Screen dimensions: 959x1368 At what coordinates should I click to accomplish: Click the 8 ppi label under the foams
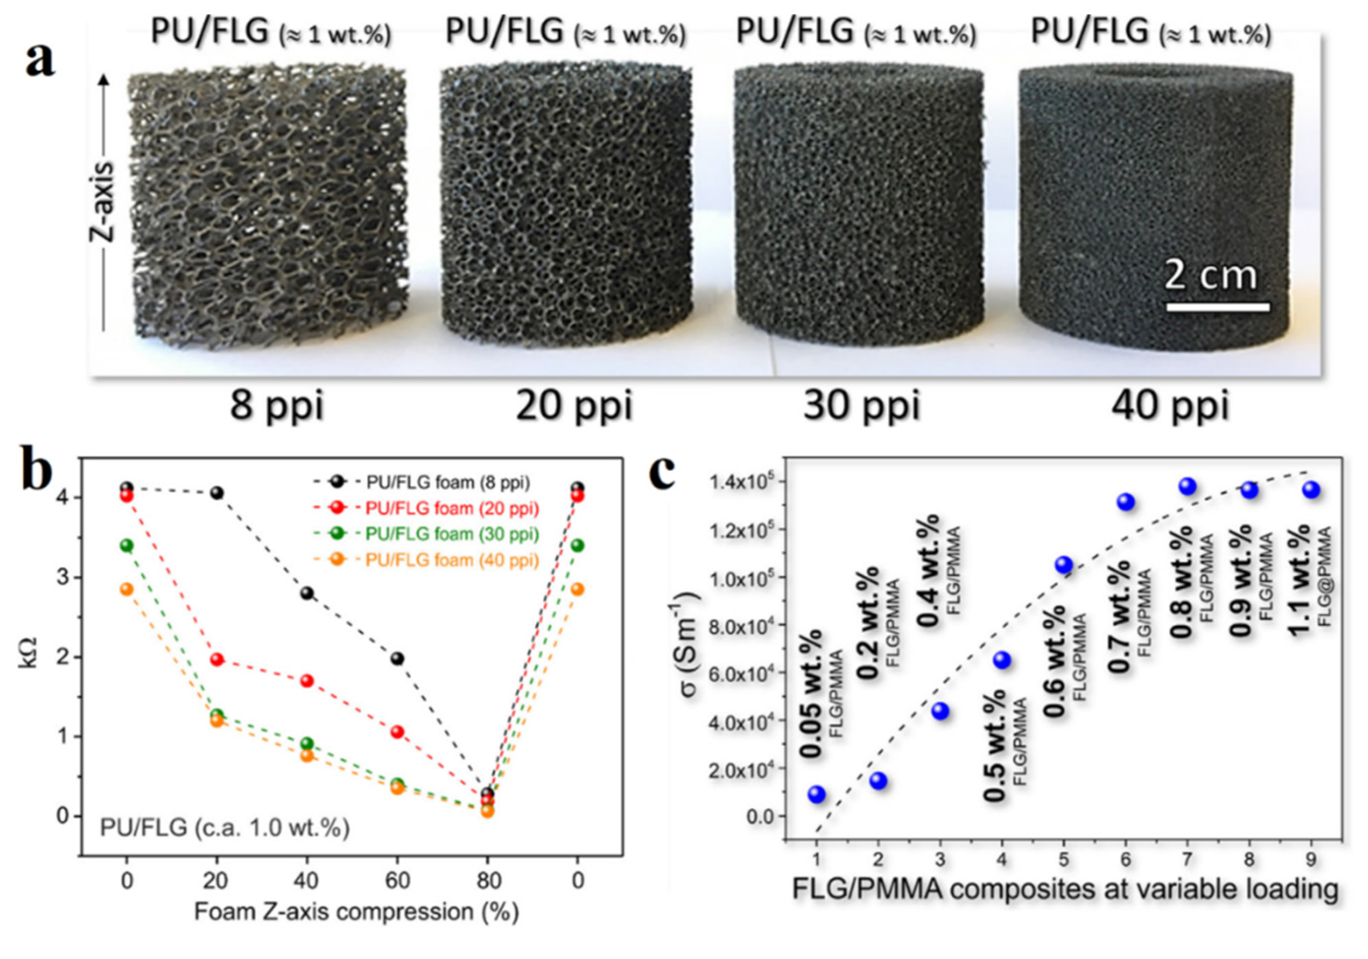(x=276, y=406)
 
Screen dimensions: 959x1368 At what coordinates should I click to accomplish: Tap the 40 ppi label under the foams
(x=1170, y=406)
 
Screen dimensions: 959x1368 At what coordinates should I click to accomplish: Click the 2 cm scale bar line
(x=1217, y=307)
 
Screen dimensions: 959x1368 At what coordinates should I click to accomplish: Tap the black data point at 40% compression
(x=307, y=593)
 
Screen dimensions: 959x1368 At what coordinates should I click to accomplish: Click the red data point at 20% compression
(x=217, y=659)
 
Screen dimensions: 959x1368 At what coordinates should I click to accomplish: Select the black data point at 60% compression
(x=397, y=659)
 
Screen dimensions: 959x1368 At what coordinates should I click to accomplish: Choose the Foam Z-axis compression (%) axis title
(x=357, y=912)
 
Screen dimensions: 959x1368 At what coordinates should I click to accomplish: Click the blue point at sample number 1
(x=817, y=794)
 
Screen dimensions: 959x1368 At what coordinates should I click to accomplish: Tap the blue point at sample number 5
(x=1064, y=565)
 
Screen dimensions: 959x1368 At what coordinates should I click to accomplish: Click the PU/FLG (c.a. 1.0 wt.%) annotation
(x=224, y=828)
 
